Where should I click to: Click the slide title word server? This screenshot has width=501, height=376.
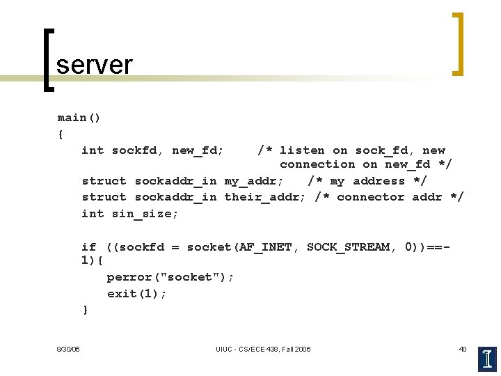[x=94, y=65]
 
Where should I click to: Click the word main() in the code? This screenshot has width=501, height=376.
[x=79, y=118]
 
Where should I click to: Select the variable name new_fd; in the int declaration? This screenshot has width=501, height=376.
[x=198, y=150]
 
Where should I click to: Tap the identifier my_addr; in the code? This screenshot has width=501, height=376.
[x=253, y=181]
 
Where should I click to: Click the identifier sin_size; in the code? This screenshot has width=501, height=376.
[x=145, y=214]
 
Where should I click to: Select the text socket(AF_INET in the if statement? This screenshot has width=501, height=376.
[x=239, y=247]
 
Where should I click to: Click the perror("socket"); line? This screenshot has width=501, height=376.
[x=170, y=277]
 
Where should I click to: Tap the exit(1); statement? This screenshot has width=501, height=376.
[x=137, y=294]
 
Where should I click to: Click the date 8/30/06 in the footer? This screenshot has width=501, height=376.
[x=68, y=349]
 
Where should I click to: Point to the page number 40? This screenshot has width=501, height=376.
[x=463, y=349]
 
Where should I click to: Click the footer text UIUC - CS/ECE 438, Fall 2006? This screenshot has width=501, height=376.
[x=263, y=349]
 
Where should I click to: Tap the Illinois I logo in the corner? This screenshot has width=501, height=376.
[x=488, y=359]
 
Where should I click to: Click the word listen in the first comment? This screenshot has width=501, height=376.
[x=302, y=150]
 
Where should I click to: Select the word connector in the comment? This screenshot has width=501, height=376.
[x=371, y=197]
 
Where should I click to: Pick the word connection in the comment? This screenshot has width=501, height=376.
[x=317, y=164]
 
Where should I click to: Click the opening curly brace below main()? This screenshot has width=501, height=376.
[x=61, y=134]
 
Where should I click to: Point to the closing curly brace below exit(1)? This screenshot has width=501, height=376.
[x=86, y=310]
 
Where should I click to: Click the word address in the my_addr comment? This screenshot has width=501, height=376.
[x=379, y=181]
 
